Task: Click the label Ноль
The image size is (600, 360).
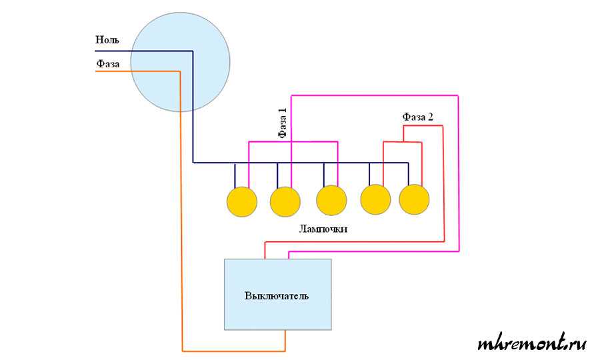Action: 107,40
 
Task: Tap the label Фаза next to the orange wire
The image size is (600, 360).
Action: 108,63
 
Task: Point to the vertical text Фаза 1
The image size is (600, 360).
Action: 283,123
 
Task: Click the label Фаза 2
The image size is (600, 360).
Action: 418,117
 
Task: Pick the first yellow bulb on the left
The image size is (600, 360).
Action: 241,201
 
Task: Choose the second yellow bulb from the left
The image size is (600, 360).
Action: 285,201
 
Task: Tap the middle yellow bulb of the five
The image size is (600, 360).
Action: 331,200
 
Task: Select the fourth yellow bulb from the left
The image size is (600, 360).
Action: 375,199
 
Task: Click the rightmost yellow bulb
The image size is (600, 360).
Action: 414,199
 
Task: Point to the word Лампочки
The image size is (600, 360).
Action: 324,229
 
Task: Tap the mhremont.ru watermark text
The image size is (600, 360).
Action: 532,344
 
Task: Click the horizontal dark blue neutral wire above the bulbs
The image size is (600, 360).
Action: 300,163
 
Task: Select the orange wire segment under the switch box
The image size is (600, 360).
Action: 233,351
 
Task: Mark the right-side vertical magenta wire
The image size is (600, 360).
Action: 459,173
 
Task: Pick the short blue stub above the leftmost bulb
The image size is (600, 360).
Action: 235,176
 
